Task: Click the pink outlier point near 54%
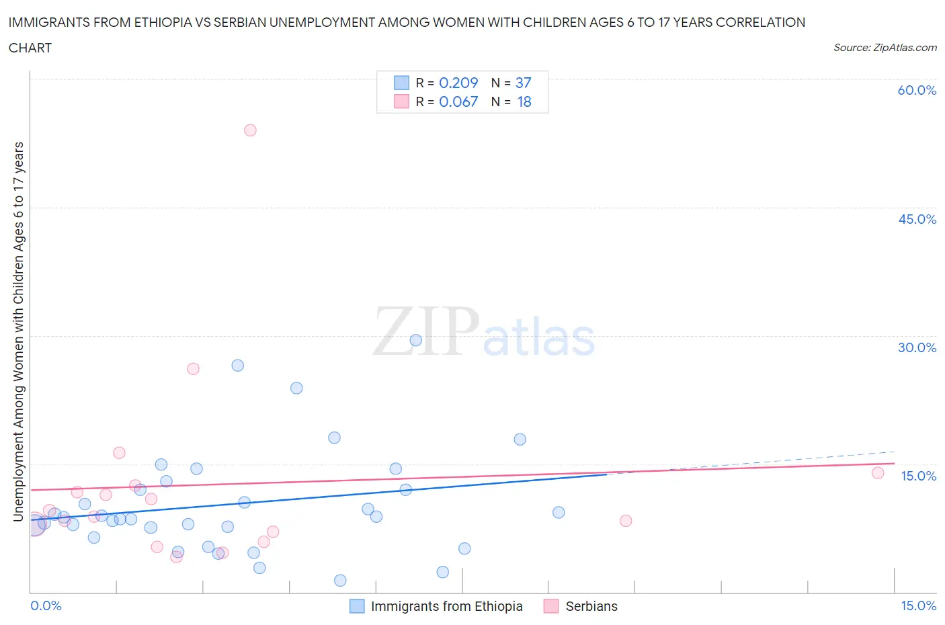point(250,130)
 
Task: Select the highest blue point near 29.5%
point(416,340)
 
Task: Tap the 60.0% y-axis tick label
point(917,90)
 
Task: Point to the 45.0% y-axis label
point(917,219)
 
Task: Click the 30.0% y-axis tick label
point(917,347)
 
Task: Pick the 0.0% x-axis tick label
point(46,606)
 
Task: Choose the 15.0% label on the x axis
point(918,606)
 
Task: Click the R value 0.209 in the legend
point(458,83)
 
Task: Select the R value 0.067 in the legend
point(458,101)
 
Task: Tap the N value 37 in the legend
point(523,83)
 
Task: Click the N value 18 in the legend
point(524,101)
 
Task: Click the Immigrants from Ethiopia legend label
point(446,606)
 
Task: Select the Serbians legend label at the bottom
point(591,606)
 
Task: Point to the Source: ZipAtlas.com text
point(885,47)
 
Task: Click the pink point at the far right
point(878,472)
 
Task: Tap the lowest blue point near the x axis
point(340,580)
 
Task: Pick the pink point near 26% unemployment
point(193,368)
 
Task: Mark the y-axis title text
point(18,331)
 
